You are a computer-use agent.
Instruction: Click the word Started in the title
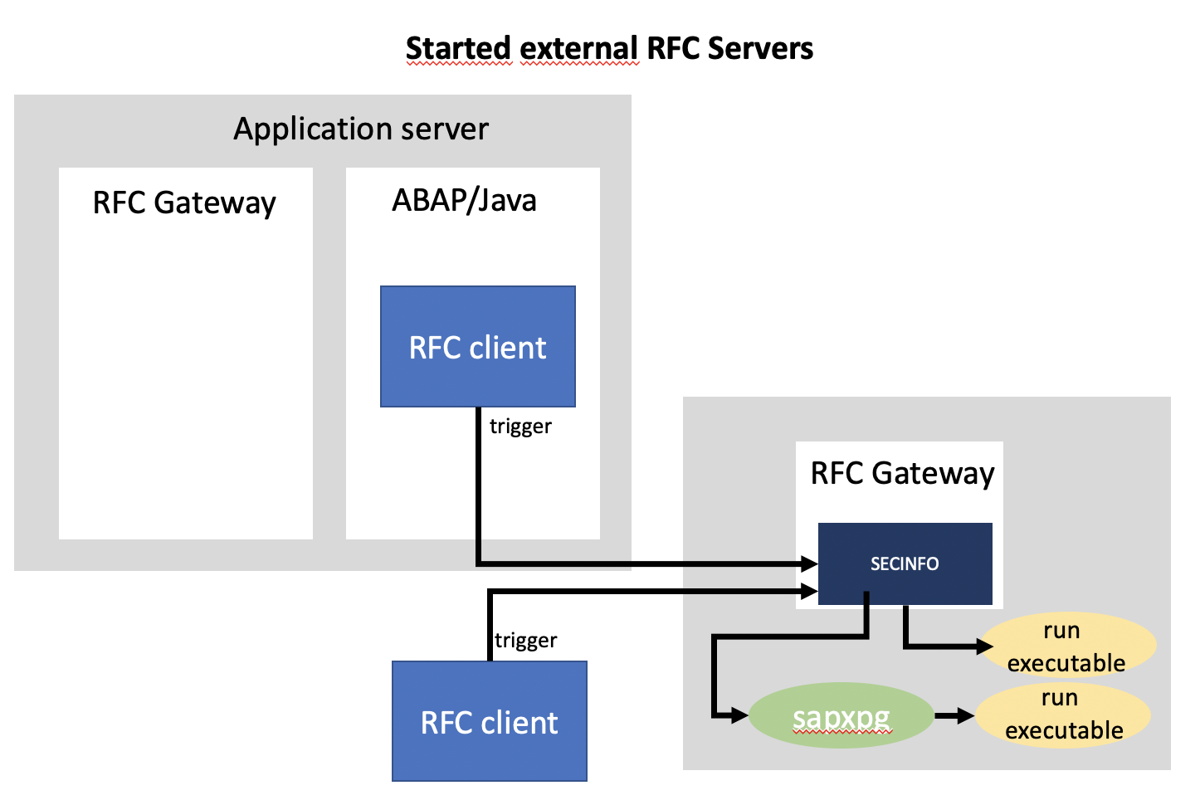coord(459,48)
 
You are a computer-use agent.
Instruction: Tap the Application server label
coord(361,129)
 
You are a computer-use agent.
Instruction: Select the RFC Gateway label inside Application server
coord(184,203)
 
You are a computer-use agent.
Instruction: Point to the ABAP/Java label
coord(464,201)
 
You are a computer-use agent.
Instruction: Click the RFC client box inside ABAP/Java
coord(478,347)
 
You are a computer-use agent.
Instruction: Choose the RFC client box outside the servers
coord(490,721)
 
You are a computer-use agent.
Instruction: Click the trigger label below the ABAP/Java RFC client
coord(520,427)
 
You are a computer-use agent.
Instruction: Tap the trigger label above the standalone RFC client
coord(525,641)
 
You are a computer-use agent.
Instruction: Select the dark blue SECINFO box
coord(905,563)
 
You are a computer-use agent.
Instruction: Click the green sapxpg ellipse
coord(841,716)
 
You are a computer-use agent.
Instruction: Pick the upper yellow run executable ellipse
coord(1066,646)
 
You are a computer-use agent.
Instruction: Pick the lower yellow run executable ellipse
coord(1064,714)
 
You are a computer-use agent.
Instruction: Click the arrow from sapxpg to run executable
coord(954,715)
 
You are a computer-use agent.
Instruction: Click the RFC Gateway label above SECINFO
coord(902,474)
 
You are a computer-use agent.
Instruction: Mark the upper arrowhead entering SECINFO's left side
coord(809,564)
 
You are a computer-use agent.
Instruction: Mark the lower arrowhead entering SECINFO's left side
coord(809,592)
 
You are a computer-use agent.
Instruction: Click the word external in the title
coord(579,48)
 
